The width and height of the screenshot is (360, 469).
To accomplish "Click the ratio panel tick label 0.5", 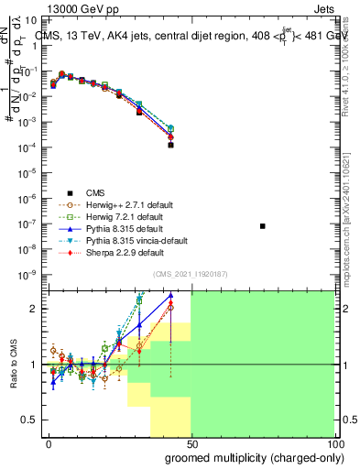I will (32, 420).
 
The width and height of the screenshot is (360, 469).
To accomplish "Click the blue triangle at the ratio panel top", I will (170, 295).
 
